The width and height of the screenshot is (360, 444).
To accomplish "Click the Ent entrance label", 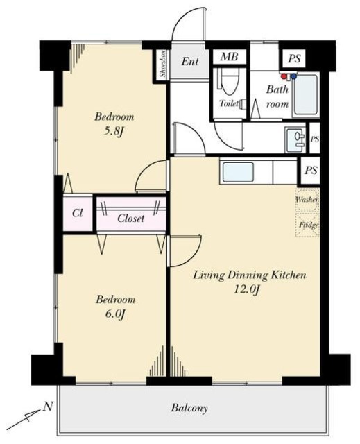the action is click(x=190, y=61).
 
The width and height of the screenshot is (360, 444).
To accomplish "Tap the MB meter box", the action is click(x=229, y=57).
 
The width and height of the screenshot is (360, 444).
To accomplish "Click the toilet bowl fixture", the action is click(x=229, y=81).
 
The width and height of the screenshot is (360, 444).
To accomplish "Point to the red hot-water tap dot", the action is click(x=284, y=76).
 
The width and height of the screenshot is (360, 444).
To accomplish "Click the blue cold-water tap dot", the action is click(x=294, y=76).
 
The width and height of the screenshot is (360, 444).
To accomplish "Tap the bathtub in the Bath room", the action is click(x=306, y=95).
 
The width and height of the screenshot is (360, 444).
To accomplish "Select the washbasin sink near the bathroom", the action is click(x=295, y=140).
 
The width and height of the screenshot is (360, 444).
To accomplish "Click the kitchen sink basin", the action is click(x=238, y=172).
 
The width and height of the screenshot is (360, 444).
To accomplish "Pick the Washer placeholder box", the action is click(x=308, y=200).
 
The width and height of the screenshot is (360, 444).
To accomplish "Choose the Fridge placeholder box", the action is click(x=308, y=225).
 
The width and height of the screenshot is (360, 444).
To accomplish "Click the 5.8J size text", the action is click(x=114, y=132).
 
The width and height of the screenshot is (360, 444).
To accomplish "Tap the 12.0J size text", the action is click(x=247, y=289).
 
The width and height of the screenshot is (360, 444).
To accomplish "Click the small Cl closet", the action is click(x=78, y=213).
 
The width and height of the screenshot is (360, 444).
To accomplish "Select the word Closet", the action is click(x=131, y=219).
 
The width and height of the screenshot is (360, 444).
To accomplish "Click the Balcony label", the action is click(x=189, y=408).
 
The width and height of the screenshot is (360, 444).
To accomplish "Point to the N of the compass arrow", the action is click(x=49, y=407).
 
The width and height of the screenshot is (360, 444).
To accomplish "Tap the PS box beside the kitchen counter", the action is click(x=311, y=171).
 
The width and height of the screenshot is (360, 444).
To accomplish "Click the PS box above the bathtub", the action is click(x=294, y=58).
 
